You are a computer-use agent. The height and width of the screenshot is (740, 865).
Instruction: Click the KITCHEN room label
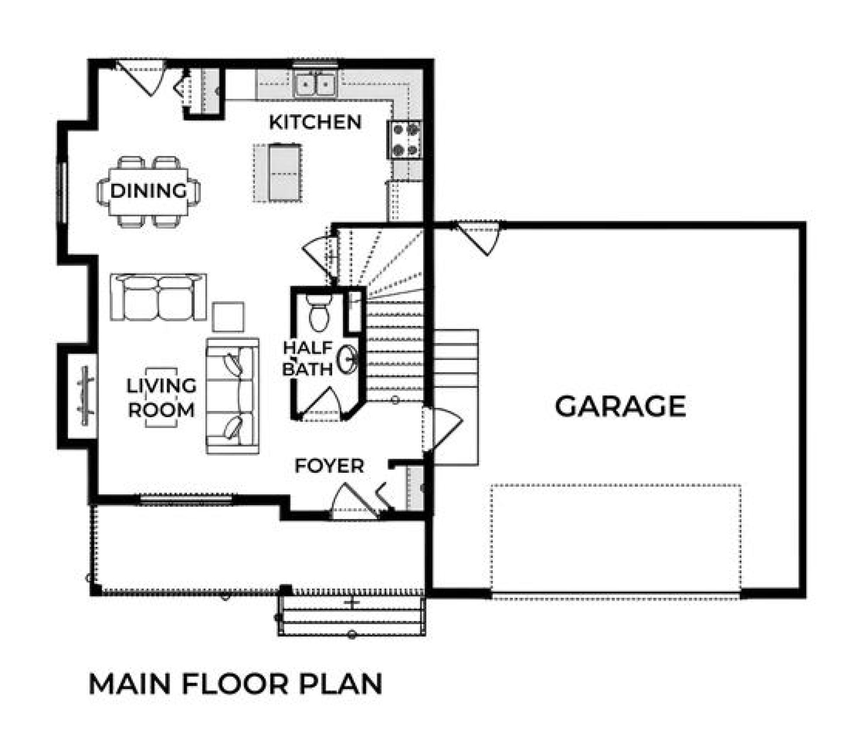(315, 122)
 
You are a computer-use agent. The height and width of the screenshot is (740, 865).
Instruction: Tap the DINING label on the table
(148, 191)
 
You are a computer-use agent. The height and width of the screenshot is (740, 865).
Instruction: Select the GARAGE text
(620, 406)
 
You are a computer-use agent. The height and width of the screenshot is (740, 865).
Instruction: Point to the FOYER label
(329, 466)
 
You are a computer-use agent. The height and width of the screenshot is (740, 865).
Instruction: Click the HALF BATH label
(308, 358)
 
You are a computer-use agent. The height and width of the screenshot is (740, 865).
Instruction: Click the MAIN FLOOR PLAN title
(235, 684)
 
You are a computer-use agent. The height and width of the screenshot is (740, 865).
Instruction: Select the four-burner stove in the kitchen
(405, 140)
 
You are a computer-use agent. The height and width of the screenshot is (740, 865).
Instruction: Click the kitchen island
(277, 173)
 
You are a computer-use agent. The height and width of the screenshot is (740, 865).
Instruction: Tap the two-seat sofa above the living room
(158, 297)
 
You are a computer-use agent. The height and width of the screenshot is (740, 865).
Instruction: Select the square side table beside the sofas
(228, 317)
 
